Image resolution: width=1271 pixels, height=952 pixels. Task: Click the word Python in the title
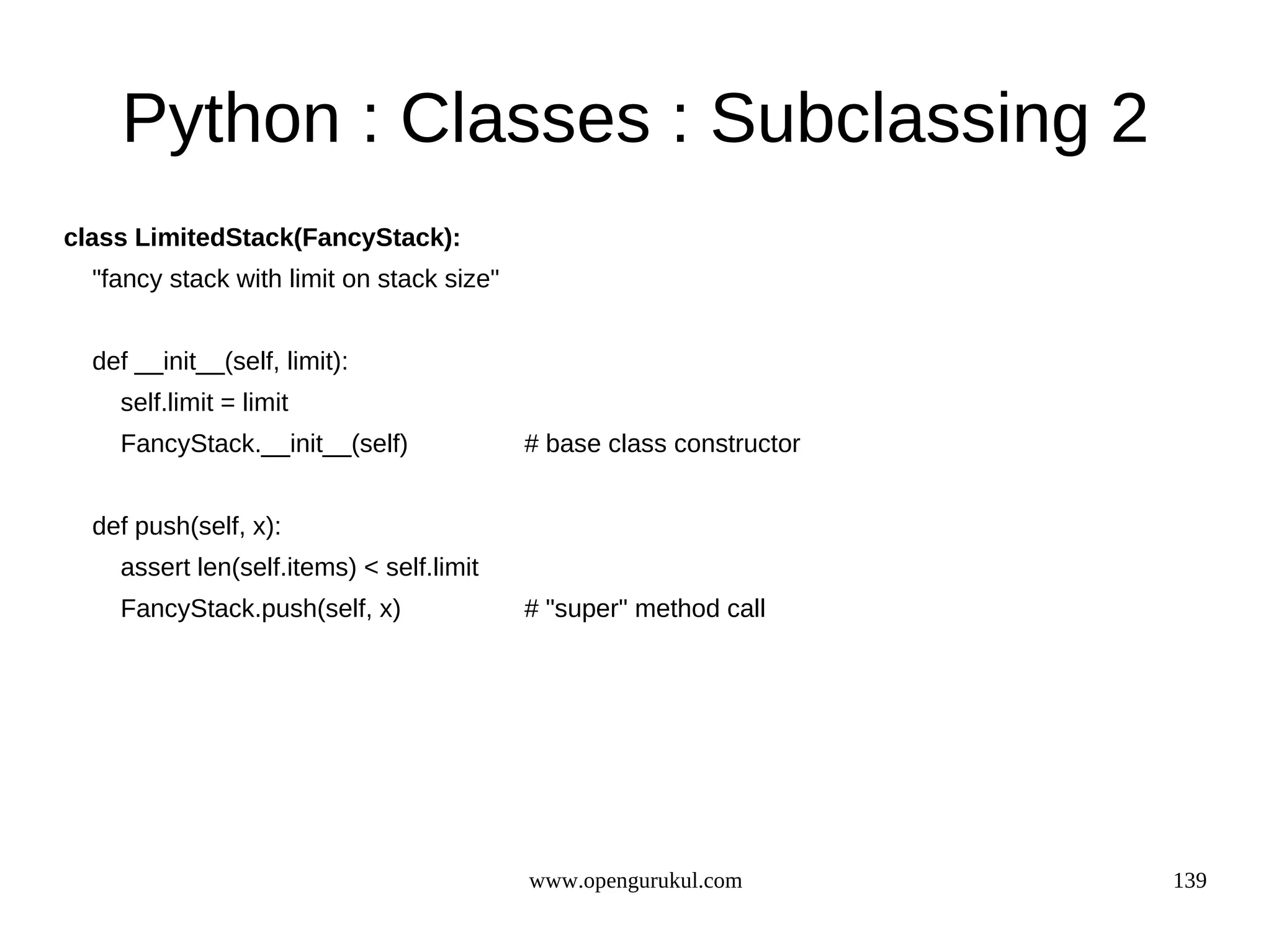click(231, 119)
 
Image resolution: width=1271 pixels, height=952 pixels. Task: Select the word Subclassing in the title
click(899, 119)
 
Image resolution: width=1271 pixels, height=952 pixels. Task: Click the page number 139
click(1189, 881)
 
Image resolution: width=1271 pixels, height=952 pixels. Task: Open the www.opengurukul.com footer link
click(635, 881)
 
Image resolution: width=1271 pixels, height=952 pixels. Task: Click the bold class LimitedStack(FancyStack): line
click(262, 238)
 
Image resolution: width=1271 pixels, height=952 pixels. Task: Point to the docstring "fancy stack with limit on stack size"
click(295, 279)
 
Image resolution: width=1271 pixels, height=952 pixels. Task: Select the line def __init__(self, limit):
click(220, 362)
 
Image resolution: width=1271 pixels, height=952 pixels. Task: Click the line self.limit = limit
click(204, 403)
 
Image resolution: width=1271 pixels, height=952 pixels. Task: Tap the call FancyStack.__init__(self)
click(264, 444)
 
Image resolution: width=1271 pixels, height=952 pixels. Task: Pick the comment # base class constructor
click(662, 444)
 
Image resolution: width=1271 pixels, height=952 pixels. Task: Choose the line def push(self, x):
click(186, 527)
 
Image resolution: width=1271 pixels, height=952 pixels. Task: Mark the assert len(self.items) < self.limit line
click(299, 567)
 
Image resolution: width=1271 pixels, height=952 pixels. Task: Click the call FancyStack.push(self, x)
click(261, 609)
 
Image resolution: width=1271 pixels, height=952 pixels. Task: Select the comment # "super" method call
click(645, 609)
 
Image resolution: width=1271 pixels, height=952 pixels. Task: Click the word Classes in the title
click(525, 119)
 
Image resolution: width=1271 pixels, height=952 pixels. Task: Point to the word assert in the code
click(155, 567)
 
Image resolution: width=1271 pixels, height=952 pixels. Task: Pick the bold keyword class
click(96, 238)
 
